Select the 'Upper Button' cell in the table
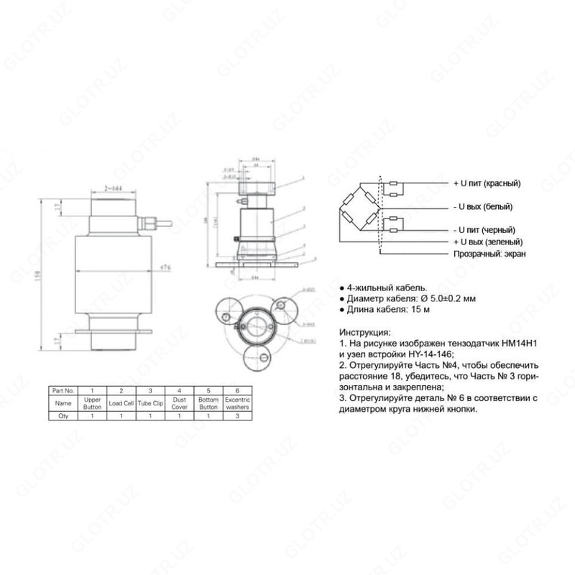(93, 403)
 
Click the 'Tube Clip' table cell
(151, 403)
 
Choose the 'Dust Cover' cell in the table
(179, 403)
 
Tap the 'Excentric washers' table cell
(236, 403)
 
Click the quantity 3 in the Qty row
(236, 416)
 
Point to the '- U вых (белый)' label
(482, 207)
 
